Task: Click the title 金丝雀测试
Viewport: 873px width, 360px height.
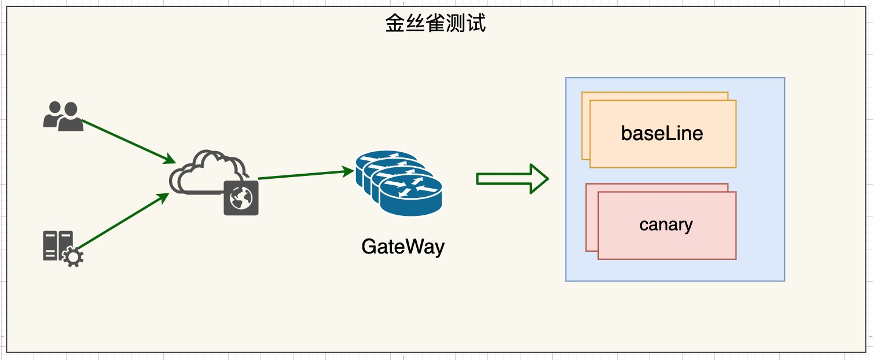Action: click(435, 24)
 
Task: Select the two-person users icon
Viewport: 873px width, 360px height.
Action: click(63, 116)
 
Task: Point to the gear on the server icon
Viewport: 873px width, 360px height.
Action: click(72, 257)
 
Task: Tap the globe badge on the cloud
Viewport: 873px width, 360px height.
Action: click(241, 197)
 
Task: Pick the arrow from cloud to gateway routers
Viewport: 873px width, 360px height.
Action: click(305, 174)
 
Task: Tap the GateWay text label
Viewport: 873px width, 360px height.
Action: click(403, 247)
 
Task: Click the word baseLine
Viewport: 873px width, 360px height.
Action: click(662, 134)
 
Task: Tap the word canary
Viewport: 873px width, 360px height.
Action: click(666, 225)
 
